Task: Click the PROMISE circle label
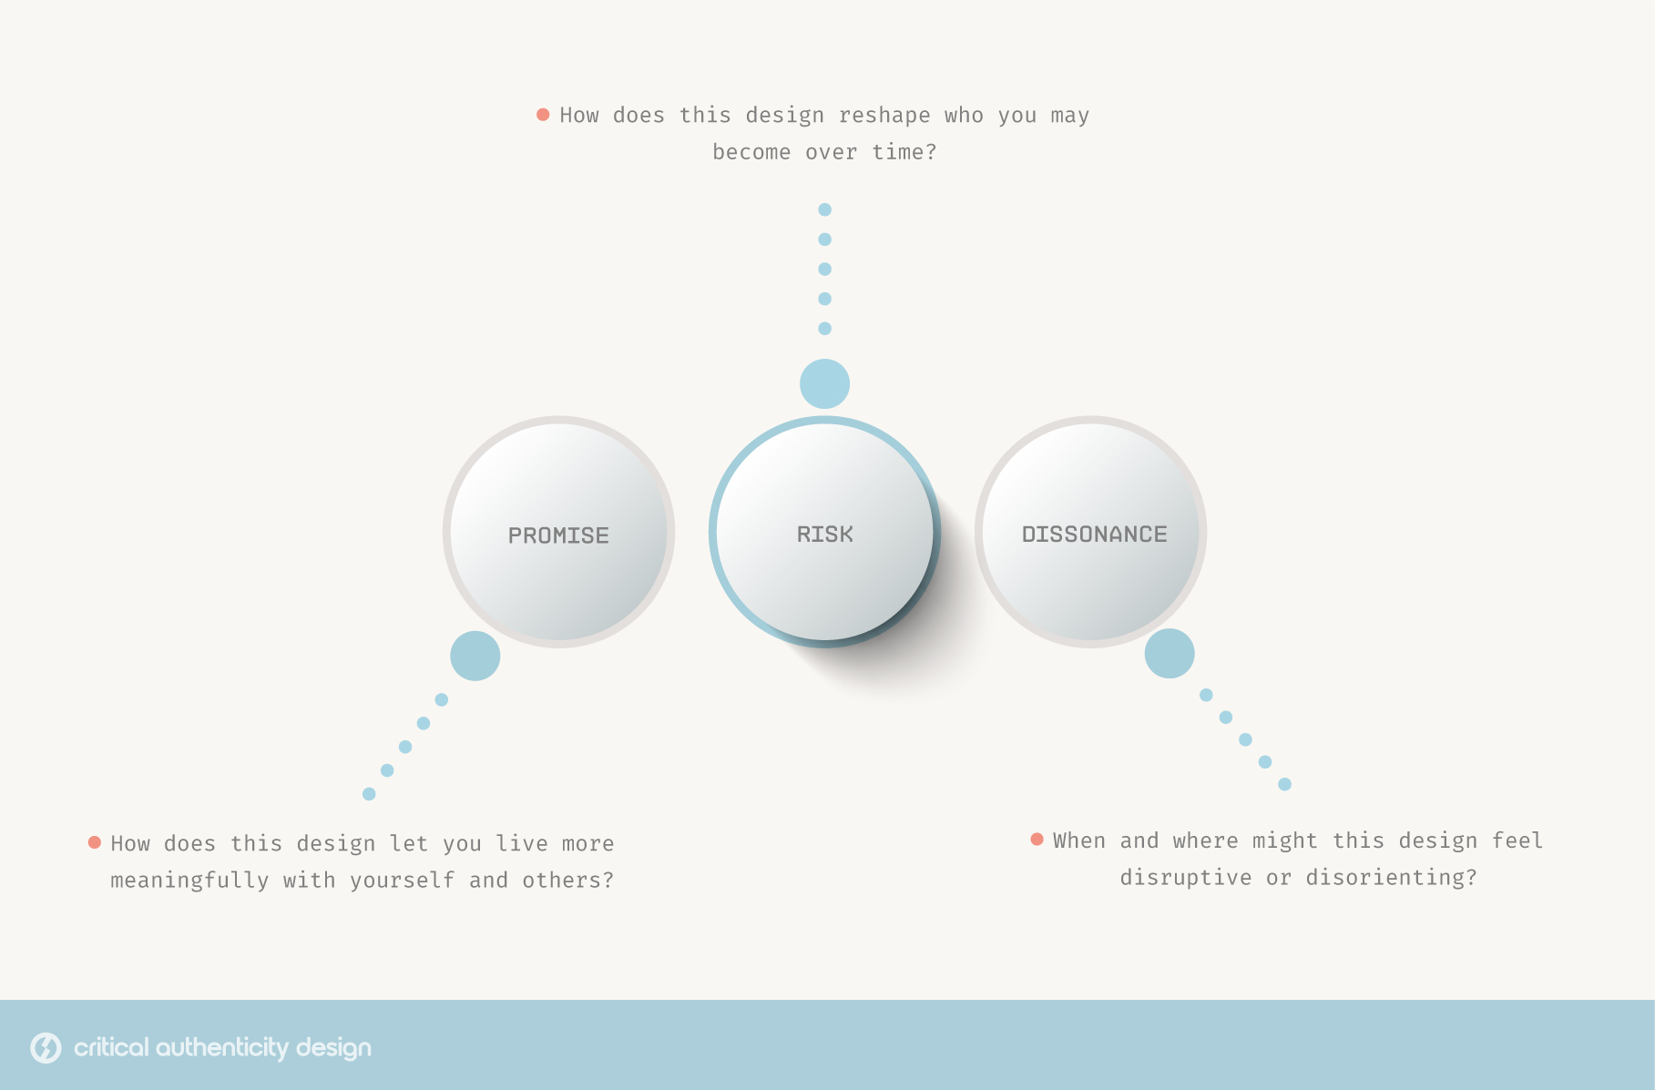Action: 558,535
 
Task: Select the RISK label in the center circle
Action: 825,535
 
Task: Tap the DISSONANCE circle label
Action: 1095,535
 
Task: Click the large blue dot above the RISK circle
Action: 824,384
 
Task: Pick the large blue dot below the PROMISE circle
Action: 475,656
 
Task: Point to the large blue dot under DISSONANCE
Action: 1170,653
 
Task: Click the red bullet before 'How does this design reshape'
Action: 543,115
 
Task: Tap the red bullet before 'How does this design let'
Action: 95,842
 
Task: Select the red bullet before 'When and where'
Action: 1037,839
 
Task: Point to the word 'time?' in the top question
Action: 904,152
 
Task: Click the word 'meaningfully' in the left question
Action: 189,881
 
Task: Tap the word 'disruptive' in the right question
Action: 1186,878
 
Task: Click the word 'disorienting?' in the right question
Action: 1392,878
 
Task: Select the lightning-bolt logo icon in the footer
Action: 46,1048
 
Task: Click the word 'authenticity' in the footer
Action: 223,1048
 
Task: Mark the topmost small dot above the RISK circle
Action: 825,209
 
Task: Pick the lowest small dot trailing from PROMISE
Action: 369,794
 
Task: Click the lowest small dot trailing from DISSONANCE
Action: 1285,784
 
